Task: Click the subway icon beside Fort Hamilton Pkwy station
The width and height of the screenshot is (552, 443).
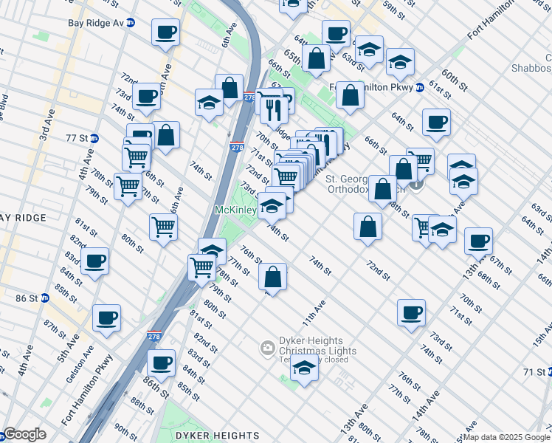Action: coord(419,86)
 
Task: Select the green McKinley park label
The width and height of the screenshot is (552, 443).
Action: coord(235,210)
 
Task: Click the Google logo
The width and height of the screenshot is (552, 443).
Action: coord(24,434)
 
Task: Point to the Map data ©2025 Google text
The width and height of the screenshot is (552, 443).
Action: coord(506,437)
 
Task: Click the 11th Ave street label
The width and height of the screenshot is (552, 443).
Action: coord(313,314)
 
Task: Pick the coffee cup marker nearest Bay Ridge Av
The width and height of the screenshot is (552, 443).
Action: coord(165,32)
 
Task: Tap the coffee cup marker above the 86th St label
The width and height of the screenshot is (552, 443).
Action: coord(161,363)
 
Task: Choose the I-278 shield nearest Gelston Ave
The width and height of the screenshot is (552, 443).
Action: coord(153,335)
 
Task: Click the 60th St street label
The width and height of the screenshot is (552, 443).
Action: coord(455,81)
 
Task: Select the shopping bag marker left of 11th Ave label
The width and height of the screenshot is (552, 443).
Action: coord(272,278)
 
